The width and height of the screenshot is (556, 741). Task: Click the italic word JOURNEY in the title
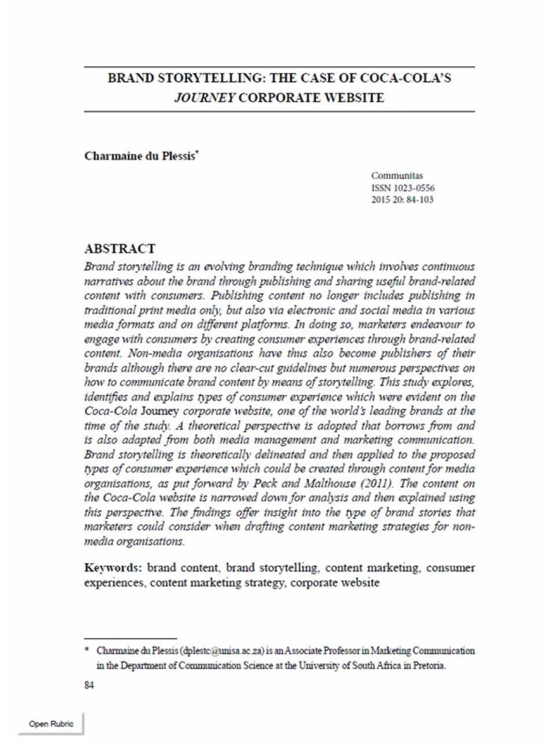(204, 97)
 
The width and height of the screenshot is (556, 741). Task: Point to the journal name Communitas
(397, 175)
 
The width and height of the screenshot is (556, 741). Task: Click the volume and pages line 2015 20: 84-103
(402, 200)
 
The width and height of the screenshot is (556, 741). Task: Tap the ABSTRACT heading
(120, 249)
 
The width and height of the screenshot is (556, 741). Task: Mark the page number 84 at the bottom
(89, 685)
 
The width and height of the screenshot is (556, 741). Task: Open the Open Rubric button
(51, 724)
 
